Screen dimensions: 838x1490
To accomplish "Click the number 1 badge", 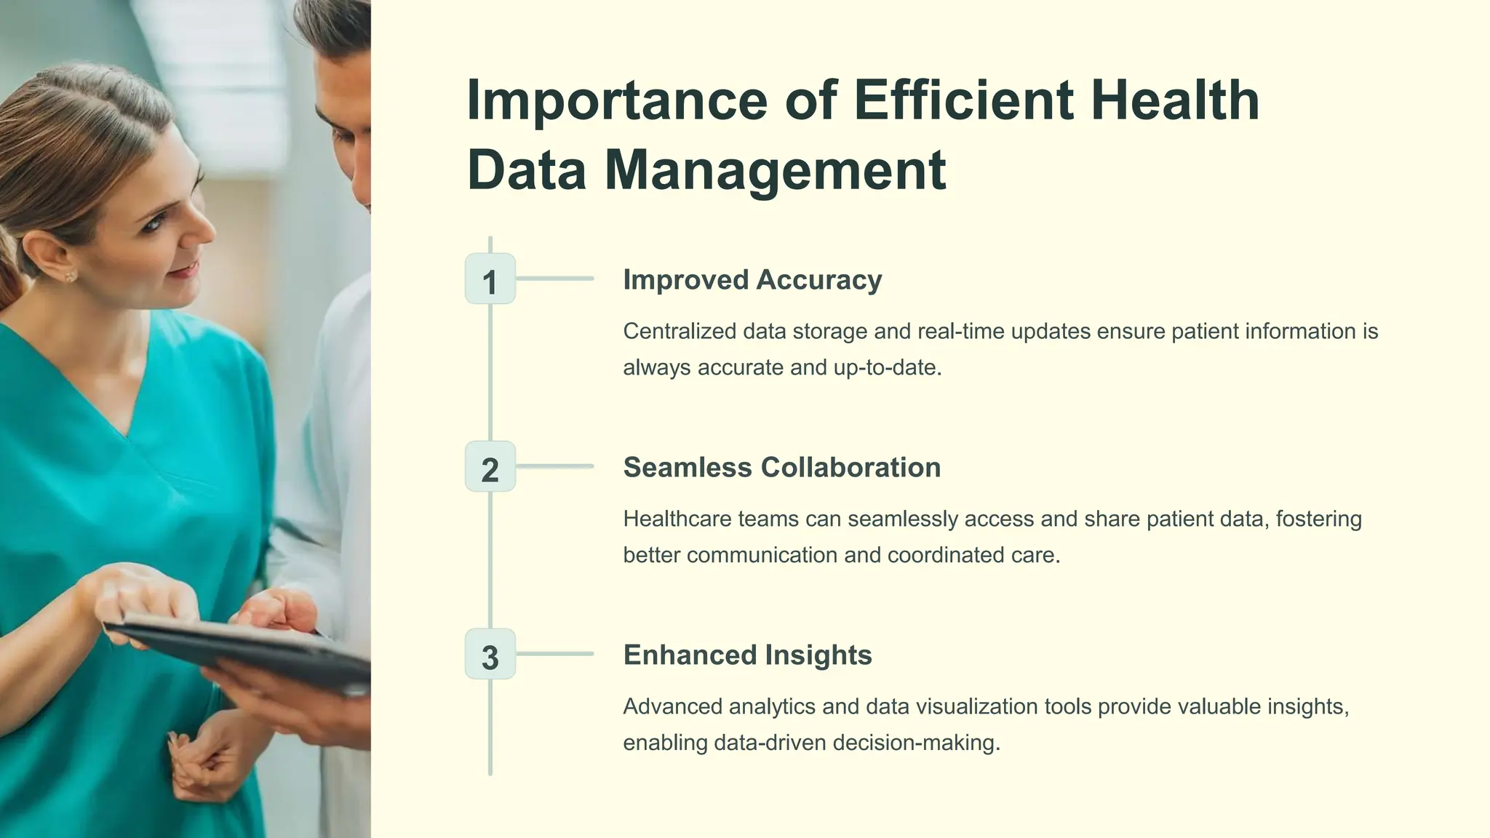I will pyautogui.click(x=490, y=279).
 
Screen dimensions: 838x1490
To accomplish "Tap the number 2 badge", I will pyautogui.click(x=490, y=466).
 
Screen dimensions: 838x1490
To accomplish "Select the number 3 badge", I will pyautogui.click(x=490, y=654).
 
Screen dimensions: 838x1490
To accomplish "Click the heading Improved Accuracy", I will pyautogui.click(x=752, y=280).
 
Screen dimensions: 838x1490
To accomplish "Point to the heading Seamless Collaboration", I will pyautogui.click(x=781, y=468).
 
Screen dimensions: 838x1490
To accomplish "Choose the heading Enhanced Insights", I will pyautogui.click(x=747, y=655).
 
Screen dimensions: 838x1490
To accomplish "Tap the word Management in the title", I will pyautogui.click(x=775, y=170).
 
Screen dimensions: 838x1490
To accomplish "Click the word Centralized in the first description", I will pyautogui.click(x=680, y=332).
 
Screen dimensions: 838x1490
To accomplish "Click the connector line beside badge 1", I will pyautogui.click(x=554, y=279).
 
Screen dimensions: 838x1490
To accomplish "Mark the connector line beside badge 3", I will pyautogui.click(x=554, y=654).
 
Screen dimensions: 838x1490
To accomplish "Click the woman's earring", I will pyautogui.click(x=71, y=276).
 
